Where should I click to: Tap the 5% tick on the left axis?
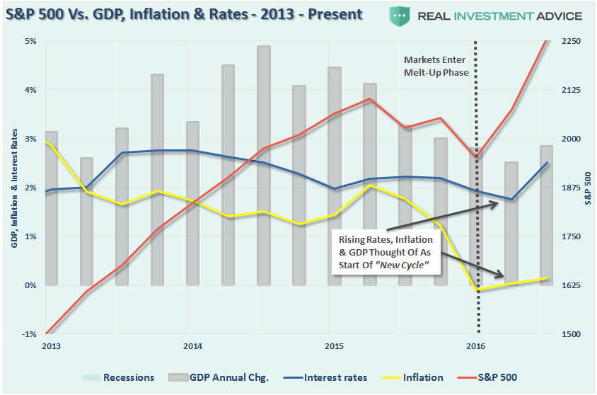point(31,41)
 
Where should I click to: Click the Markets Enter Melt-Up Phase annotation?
point(436,66)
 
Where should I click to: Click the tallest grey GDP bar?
point(263,163)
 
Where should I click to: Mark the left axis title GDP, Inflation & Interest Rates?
point(13,188)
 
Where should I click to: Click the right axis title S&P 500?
point(588,188)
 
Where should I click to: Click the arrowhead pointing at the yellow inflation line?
point(501,275)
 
